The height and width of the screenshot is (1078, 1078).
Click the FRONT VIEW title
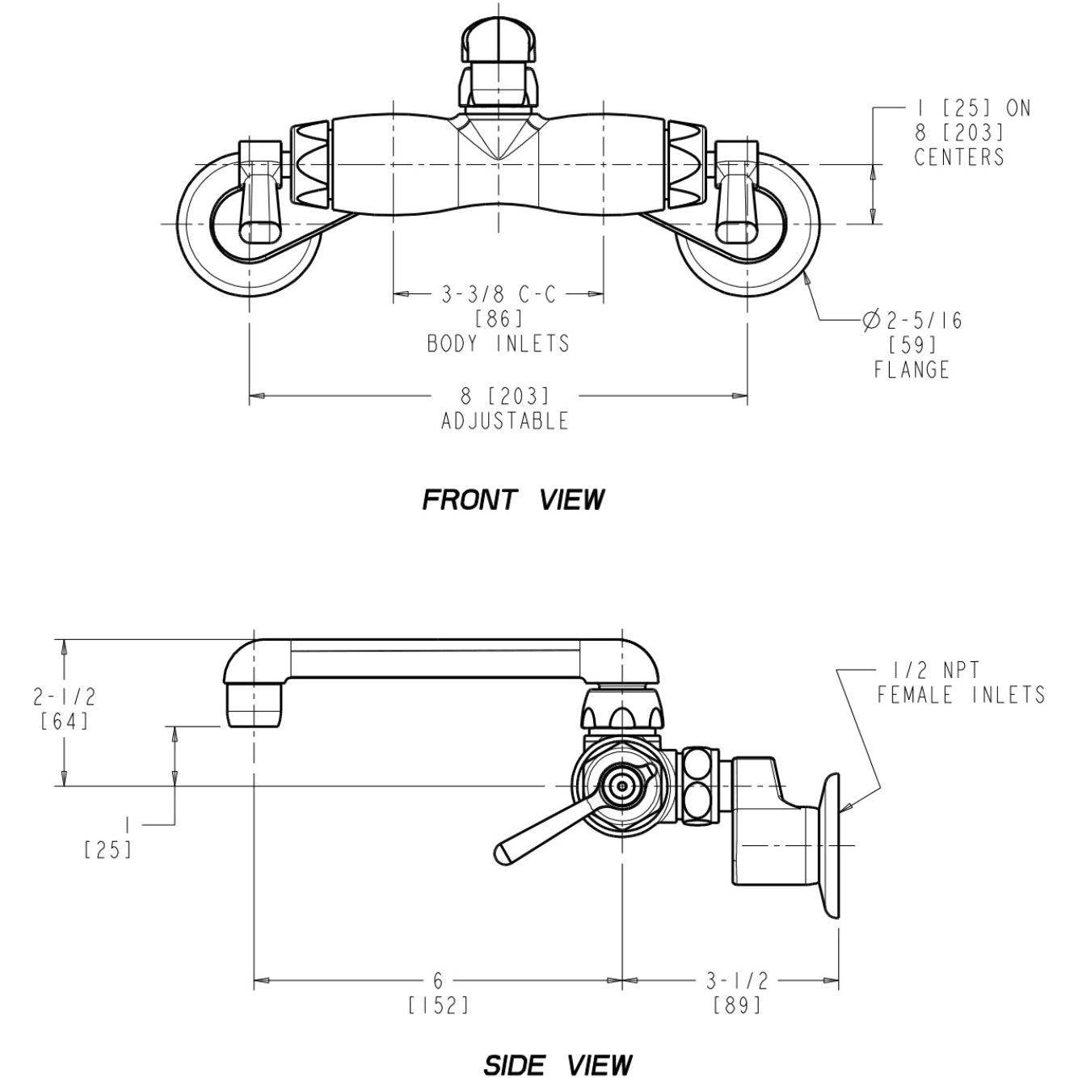point(513,499)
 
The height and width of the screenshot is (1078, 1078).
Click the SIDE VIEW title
point(558,1064)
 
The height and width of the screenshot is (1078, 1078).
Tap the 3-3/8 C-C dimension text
point(499,295)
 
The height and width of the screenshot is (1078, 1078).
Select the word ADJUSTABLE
point(505,421)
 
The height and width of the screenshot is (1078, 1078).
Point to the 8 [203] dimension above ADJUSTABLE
point(505,396)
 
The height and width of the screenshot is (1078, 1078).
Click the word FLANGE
point(912,370)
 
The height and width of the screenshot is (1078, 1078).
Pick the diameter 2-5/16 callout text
point(913,321)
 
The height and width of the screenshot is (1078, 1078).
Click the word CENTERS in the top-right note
point(959,156)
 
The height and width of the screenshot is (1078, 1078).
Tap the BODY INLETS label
point(499,343)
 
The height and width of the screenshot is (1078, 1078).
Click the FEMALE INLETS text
point(961,694)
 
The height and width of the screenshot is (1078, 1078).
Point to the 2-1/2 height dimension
point(64,696)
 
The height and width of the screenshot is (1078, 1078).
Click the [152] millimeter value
point(438,1004)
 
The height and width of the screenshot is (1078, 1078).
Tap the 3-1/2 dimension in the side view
point(737,980)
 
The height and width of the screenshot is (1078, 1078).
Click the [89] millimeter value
point(738,1004)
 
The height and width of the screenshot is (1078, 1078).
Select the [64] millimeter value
point(64,720)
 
